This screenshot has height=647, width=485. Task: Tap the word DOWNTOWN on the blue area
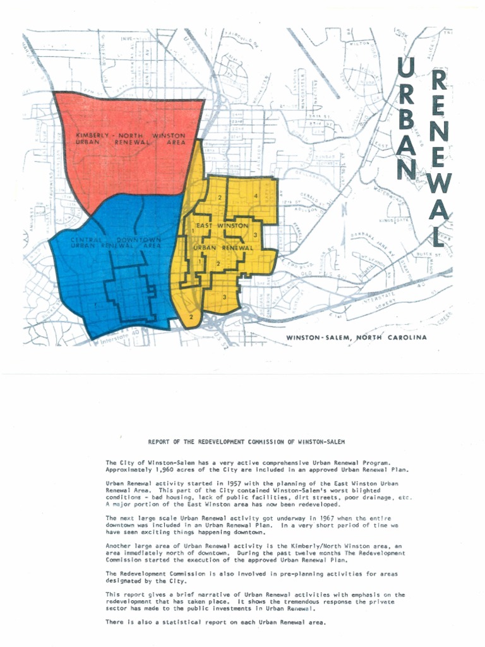[x=141, y=240]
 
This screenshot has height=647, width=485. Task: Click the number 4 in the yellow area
[x=255, y=197]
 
